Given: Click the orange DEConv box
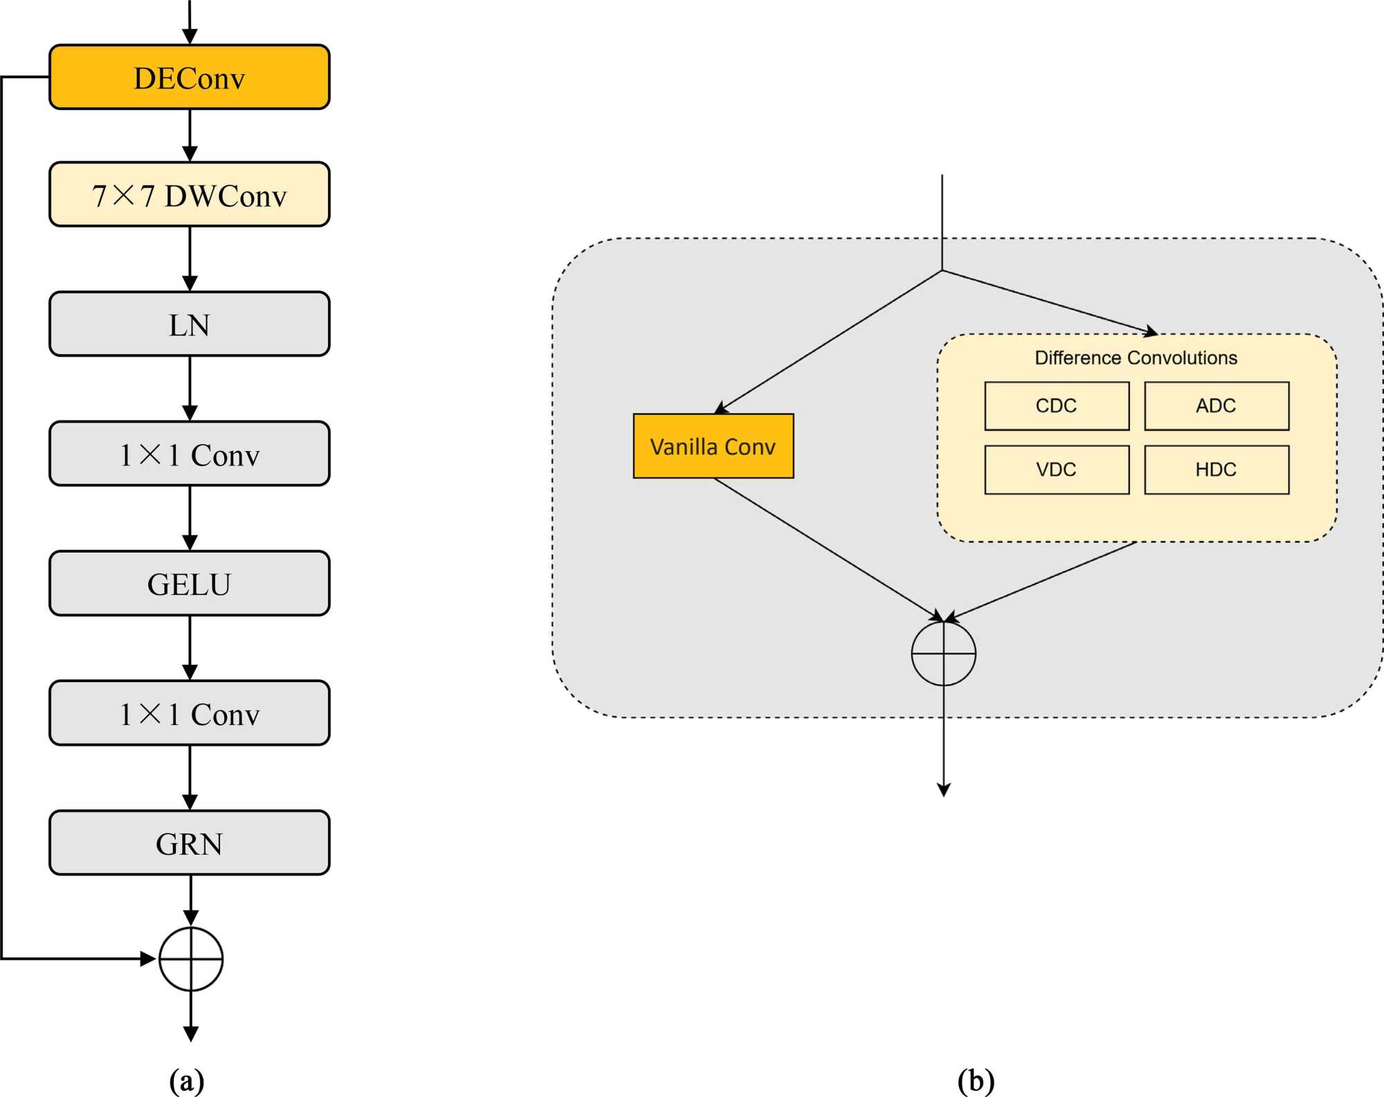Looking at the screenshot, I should (189, 77).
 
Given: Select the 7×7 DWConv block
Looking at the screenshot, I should (189, 195).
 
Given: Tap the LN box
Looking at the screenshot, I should (189, 324).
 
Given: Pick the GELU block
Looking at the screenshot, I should (189, 584).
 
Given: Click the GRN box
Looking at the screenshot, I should (189, 843).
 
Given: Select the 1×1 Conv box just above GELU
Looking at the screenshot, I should (189, 454).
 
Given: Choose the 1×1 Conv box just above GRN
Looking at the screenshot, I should (189, 713).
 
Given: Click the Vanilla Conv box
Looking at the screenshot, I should (713, 446).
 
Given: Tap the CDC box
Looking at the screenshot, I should (1057, 406).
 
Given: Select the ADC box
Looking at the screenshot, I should (1217, 406).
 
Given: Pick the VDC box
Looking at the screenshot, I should (1057, 470).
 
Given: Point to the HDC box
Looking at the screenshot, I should (1217, 470).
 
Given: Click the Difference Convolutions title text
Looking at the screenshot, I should (1136, 358).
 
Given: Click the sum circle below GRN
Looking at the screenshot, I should (191, 959).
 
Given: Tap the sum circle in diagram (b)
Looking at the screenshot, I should (943, 654).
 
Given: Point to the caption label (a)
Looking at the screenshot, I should (187, 1080).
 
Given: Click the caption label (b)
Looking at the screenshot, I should (976, 1080).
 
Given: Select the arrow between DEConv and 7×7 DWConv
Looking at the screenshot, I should (190, 136).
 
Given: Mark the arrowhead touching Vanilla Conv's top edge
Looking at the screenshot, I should (721, 408).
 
